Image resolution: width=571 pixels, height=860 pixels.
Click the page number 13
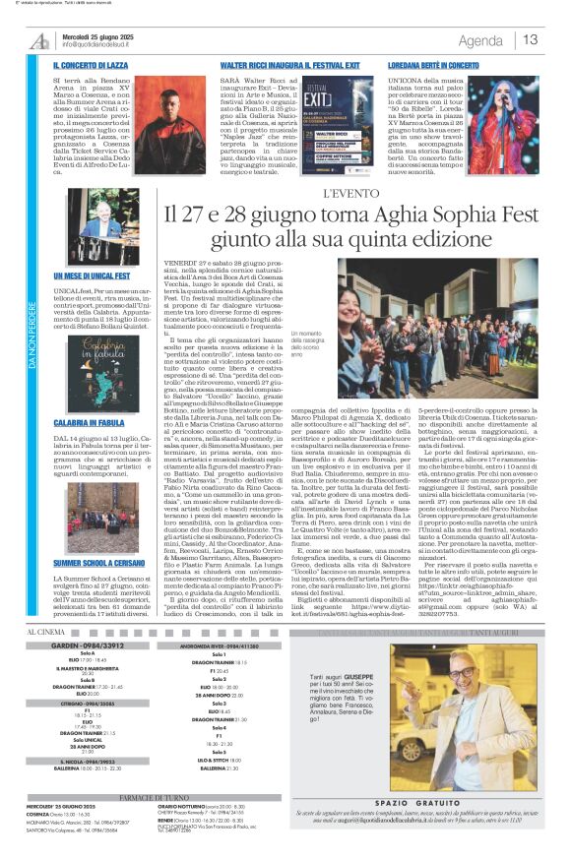(531, 39)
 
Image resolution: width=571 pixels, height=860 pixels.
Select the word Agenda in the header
(480, 40)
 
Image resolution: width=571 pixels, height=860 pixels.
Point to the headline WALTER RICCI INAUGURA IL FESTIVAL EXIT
(276, 64)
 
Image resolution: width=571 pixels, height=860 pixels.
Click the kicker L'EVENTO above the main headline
(349, 194)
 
